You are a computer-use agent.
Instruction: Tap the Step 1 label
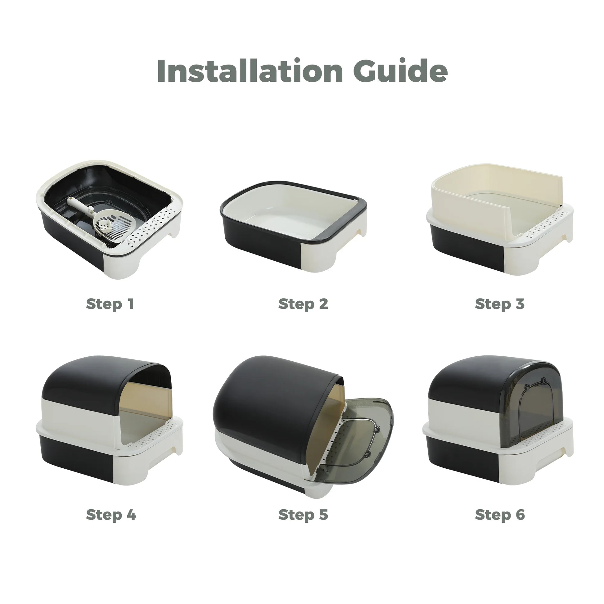[110, 304]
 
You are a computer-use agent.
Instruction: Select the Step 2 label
[303, 304]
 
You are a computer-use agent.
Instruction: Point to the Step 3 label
[500, 304]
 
